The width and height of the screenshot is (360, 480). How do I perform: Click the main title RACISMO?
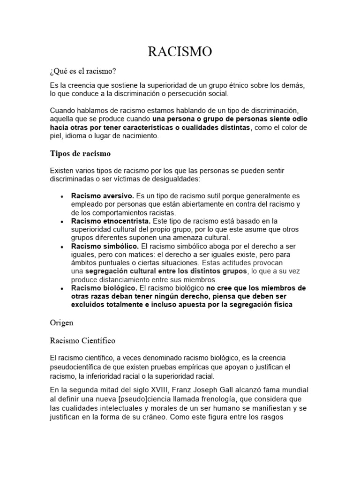point(180,52)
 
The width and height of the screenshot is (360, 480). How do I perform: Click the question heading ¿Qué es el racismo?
point(82,71)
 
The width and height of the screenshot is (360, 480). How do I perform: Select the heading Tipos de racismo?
point(80,153)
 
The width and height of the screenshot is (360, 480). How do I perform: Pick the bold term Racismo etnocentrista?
point(111,221)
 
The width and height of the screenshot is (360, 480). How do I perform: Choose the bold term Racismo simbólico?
point(105,246)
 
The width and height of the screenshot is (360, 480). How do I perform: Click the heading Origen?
point(62,323)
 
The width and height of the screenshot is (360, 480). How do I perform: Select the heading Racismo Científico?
point(82,340)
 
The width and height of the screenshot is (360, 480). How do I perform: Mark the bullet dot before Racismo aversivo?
point(62,196)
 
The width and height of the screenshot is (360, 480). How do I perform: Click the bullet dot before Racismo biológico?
point(62,288)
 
